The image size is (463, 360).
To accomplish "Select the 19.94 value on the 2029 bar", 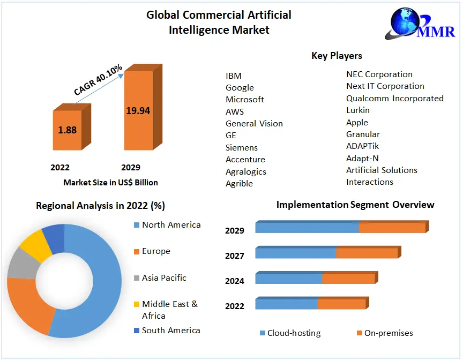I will [138, 111].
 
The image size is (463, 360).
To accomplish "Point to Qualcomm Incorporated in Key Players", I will [394, 98].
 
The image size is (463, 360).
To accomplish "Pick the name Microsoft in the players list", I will [244, 99].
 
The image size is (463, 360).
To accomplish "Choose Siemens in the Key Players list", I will [241, 147].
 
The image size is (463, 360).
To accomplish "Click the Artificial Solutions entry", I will [382, 170].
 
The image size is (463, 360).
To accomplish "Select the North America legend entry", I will [171, 225].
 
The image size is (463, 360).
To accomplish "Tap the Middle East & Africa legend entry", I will [169, 310].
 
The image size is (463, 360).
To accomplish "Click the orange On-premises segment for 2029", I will [392, 228].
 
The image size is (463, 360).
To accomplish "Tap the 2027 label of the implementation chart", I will [235, 256].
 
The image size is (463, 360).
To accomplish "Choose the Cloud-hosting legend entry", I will [294, 333].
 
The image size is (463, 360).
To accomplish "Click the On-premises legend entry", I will [388, 333].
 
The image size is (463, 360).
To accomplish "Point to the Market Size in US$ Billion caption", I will [110, 182].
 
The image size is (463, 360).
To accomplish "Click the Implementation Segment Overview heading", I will [355, 205].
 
